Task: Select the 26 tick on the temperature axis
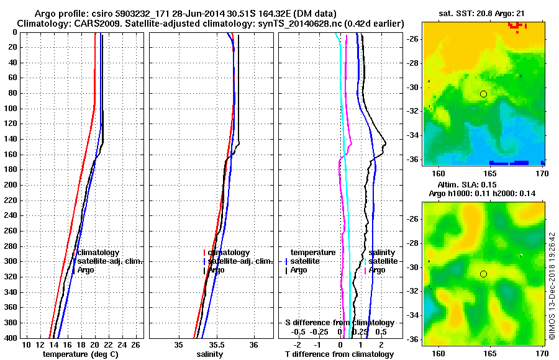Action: coord(139,344)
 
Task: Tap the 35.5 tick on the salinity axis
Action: coord(216,344)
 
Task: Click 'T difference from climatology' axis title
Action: coord(340,354)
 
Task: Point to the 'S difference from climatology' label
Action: coord(340,323)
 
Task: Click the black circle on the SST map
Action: coord(483,94)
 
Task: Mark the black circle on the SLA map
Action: coord(483,274)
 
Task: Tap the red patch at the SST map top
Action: coord(516,25)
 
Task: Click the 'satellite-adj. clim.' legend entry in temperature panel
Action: coord(110,261)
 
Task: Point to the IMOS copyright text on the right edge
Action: coord(551,286)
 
